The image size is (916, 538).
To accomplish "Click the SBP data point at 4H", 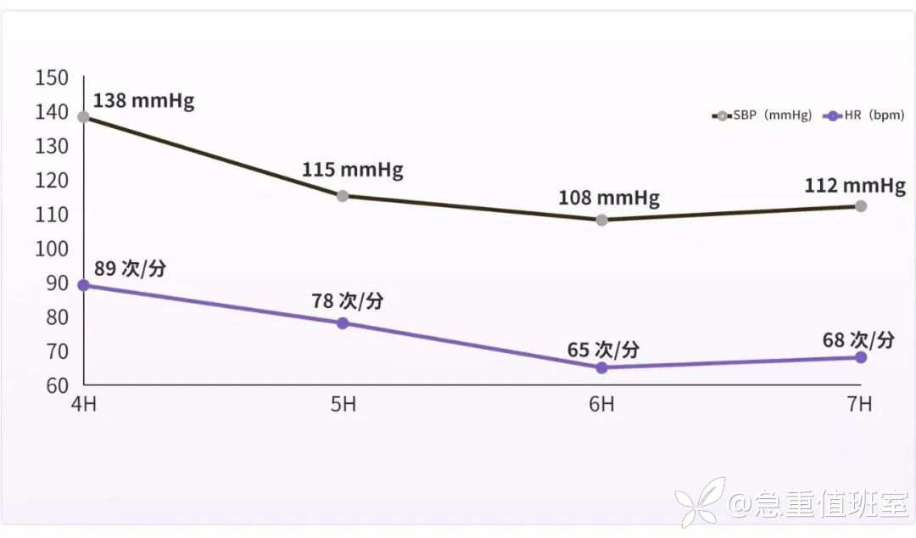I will [x=83, y=117].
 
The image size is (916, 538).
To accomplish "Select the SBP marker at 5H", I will [x=343, y=196].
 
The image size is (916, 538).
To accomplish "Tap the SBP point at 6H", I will [x=601, y=220].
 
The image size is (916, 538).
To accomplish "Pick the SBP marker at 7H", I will [x=861, y=206].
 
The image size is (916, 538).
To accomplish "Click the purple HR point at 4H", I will [x=83, y=285].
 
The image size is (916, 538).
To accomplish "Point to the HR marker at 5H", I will [x=343, y=323].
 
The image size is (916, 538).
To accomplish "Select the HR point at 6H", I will [x=601, y=367].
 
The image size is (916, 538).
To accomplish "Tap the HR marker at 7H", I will [x=861, y=357].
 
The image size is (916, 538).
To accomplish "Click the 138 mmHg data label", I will [x=143, y=101].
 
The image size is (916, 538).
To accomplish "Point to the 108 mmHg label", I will [x=608, y=199].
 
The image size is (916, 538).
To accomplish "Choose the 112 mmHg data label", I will [x=855, y=186].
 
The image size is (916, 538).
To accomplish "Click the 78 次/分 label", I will [x=349, y=301].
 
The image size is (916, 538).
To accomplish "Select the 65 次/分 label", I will [x=603, y=350].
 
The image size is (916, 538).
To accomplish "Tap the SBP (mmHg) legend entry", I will [x=762, y=115].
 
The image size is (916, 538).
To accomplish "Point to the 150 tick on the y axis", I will [x=51, y=78].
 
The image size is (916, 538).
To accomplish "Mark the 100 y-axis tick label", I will [x=51, y=249].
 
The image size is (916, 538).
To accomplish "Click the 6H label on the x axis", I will [x=601, y=404].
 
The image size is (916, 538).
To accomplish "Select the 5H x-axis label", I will [x=343, y=404].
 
